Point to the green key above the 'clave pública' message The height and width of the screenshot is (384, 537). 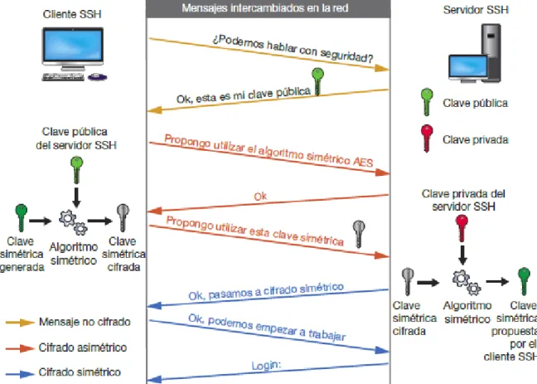click(x=316, y=81)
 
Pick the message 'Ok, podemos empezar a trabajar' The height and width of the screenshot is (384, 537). click(x=266, y=328)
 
